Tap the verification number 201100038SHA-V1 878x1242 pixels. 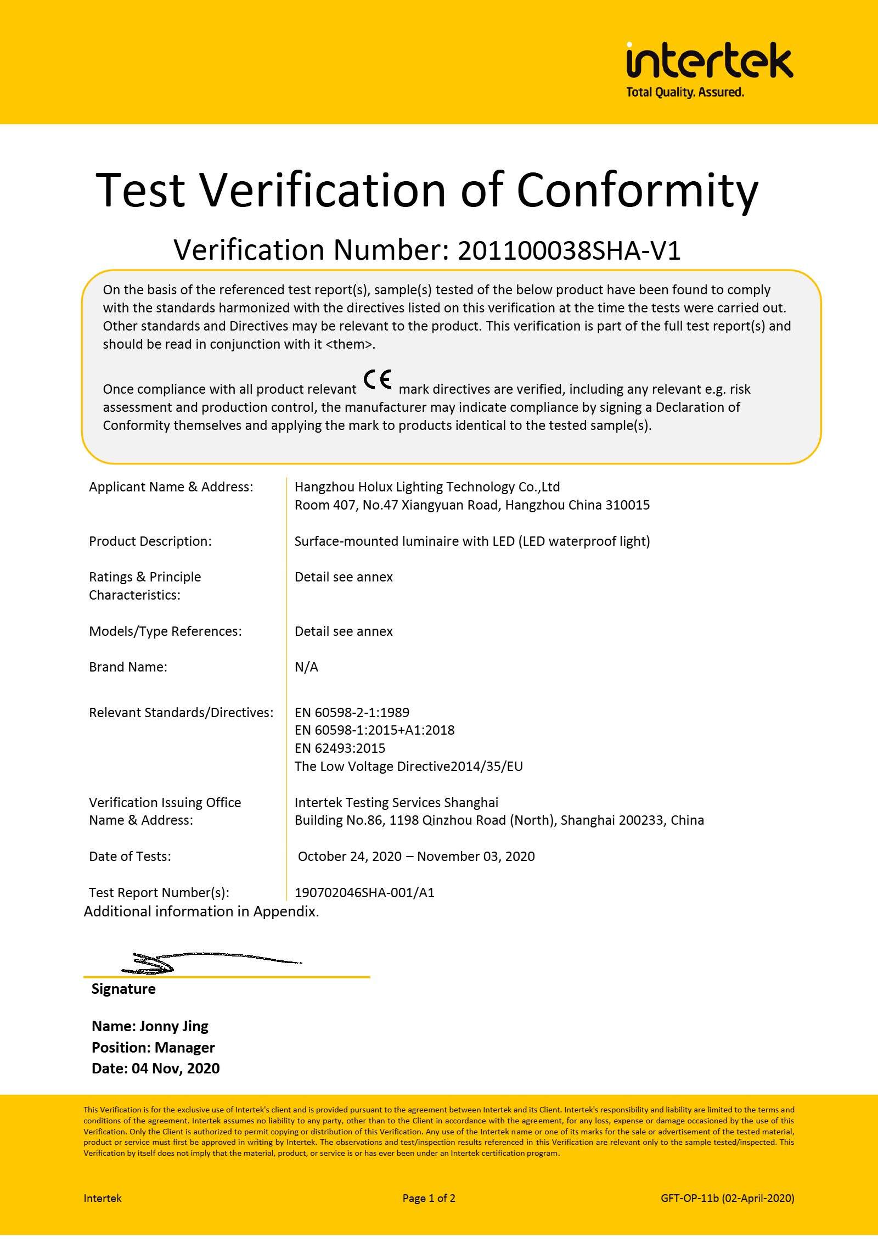569,251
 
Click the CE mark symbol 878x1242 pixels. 378,380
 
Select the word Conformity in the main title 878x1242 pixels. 637,190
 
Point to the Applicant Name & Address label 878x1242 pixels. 171,487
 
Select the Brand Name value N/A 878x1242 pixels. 306,667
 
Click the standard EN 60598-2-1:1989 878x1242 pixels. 352,713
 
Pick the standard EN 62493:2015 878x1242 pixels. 340,748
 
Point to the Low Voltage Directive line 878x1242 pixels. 408,767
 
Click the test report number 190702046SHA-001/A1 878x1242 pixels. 364,893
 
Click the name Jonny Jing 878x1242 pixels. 173,1026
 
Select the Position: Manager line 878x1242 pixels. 153,1048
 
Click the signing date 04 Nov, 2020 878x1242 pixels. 176,1068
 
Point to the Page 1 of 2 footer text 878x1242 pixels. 429,1198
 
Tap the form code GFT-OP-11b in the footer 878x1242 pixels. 689,1198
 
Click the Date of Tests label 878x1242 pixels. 130,857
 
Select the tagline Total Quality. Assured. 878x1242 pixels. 685,92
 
